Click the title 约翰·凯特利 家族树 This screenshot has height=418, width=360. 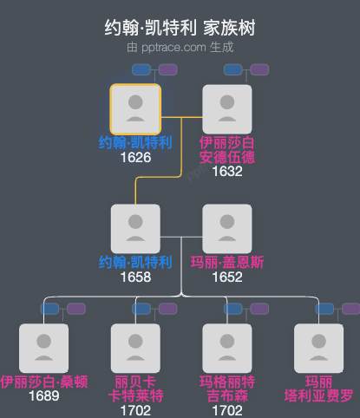pyautogui.click(x=180, y=29)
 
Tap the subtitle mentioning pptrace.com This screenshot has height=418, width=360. pyautogui.click(x=180, y=47)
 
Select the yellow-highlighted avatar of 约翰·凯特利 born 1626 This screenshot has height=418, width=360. pyautogui.click(x=135, y=108)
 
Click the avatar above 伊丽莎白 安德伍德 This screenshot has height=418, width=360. pyautogui.click(x=226, y=108)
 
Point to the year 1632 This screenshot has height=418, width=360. pyautogui.click(x=226, y=171)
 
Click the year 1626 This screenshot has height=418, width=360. pyautogui.click(x=135, y=158)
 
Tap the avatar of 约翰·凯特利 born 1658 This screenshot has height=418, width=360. pyautogui.click(x=135, y=229)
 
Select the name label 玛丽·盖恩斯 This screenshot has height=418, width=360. pyautogui.click(x=226, y=263)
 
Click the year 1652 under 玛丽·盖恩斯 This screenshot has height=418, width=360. pyautogui.click(x=226, y=277)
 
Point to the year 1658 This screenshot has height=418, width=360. pyautogui.click(x=135, y=277)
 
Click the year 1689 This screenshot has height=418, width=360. pyautogui.click(x=43, y=395)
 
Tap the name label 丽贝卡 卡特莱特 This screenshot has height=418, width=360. pyautogui.click(x=135, y=389)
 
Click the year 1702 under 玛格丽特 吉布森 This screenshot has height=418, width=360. pyautogui.click(x=226, y=409)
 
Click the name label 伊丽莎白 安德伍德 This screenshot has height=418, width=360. pyautogui.click(x=226, y=150)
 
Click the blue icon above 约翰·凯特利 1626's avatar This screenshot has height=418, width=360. pyautogui.click(x=141, y=69)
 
